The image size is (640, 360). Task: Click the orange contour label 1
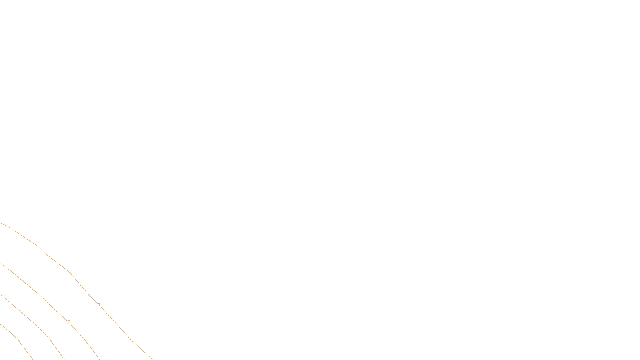[99, 305]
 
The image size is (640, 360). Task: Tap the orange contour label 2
[69, 322]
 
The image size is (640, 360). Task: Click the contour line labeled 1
[56, 262]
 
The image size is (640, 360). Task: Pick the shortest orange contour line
[18, 340]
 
